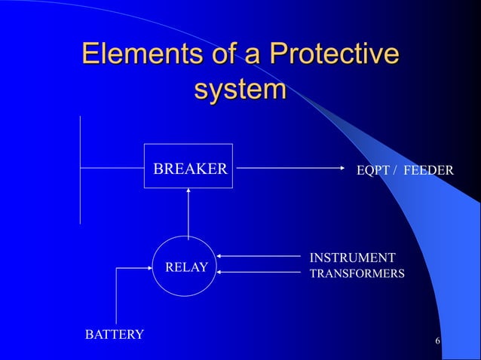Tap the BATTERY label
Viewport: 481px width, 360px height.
[x=113, y=334]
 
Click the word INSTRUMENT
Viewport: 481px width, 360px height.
[x=352, y=258]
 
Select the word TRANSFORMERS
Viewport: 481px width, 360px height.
[x=357, y=273]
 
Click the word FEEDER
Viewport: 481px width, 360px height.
[x=428, y=171]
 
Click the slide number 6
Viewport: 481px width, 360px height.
[x=438, y=343]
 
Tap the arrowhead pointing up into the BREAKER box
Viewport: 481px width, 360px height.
[x=188, y=191]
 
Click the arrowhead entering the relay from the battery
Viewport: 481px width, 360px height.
[x=151, y=266]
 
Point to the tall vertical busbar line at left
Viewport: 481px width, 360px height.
[x=80, y=169]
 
